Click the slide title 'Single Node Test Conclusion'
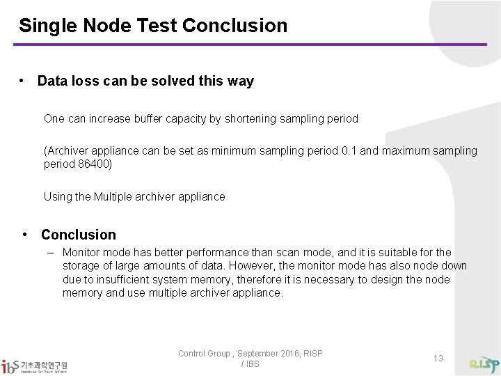pyautogui.click(x=153, y=26)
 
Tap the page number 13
pyautogui.click(x=438, y=358)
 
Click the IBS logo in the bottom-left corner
pyautogui.click(x=38, y=365)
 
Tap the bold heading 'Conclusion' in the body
pyautogui.click(x=79, y=235)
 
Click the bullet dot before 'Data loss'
pyautogui.click(x=24, y=81)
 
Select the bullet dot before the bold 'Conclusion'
pyautogui.click(x=26, y=235)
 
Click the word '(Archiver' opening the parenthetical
pyautogui.click(x=67, y=150)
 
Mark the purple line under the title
pyautogui.click(x=250, y=45)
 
